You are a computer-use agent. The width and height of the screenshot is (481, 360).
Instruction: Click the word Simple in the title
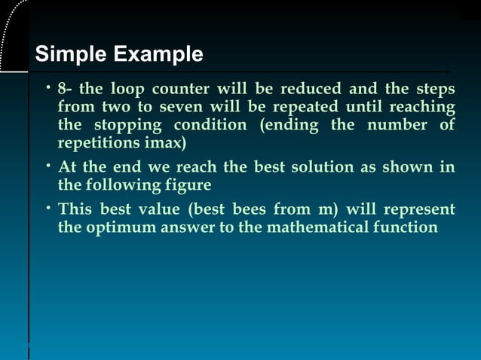pyautogui.click(x=72, y=54)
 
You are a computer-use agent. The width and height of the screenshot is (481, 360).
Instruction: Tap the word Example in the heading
pyautogui.click(x=158, y=54)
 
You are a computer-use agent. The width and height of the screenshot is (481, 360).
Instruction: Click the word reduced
pyautogui.click(x=311, y=90)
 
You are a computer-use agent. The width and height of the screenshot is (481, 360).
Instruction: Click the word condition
pyautogui.click(x=210, y=124)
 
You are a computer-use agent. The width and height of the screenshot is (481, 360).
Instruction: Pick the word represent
pyautogui.click(x=417, y=209)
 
